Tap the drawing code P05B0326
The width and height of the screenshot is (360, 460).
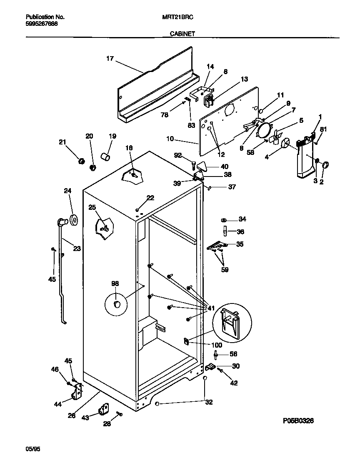[295, 421]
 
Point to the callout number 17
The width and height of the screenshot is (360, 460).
[110, 59]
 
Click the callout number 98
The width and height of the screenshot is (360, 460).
[115, 283]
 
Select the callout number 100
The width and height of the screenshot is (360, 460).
[217, 345]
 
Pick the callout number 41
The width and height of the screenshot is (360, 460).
[211, 308]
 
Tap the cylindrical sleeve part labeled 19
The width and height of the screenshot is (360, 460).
[105, 157]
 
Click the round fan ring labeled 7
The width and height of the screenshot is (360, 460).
[264, 130]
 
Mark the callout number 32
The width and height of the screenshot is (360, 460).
[209, 402]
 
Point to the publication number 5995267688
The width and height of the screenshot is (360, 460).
[42, 24]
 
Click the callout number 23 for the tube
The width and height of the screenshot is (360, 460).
[77, 249]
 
